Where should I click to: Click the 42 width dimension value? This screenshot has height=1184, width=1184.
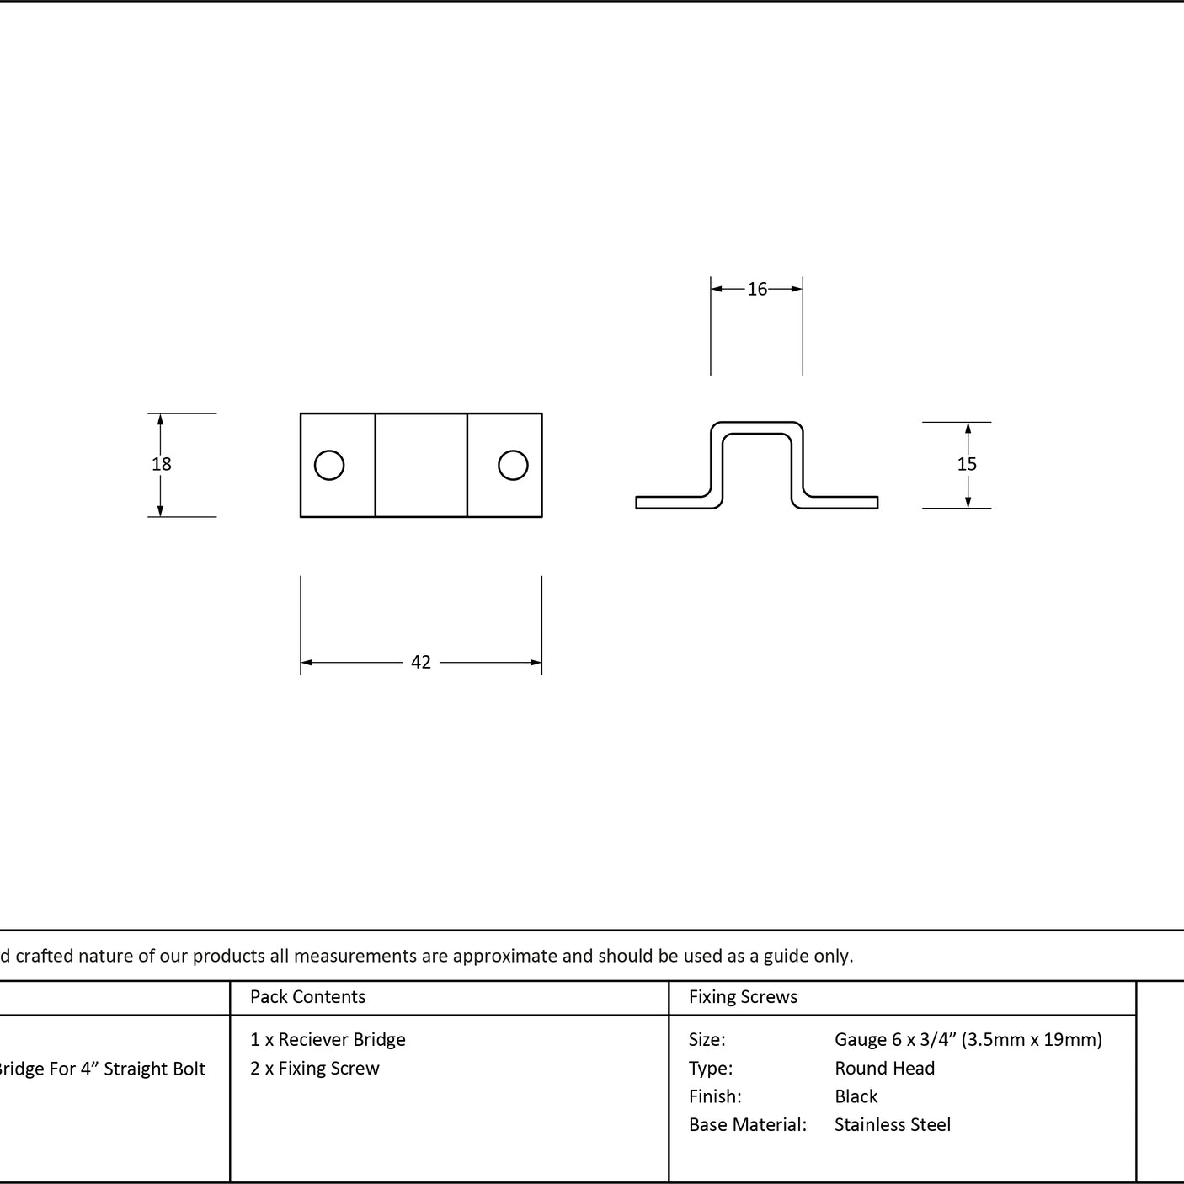click(x=421, y=662)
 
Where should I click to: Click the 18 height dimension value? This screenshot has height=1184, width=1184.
click(x=162, y=464)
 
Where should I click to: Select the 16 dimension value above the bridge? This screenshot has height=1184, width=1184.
click(x=757, y=289)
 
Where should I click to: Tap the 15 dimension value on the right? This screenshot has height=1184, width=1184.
click(x=967, y=464)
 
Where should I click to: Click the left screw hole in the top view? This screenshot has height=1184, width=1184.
click(x=329, y=465)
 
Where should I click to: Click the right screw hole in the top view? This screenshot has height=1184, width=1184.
click(x=513, y=465)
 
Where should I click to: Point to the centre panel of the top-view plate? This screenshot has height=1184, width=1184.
click(x=421, y=465)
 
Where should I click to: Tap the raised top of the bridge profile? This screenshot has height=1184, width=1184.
click(x=757, y=428)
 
